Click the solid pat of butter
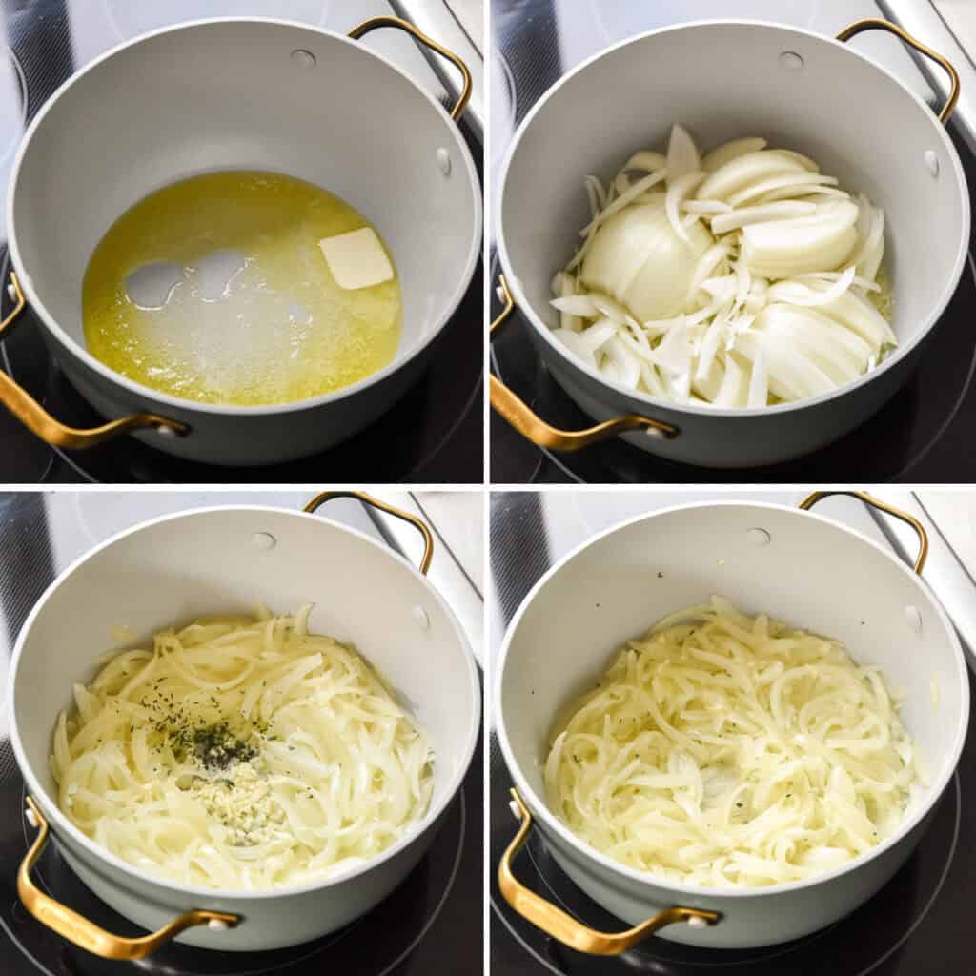[x=356, y=257]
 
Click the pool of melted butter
[x=238, y=324]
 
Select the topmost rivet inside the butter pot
[x=303, y=59]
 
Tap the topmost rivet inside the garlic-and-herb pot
[x=265, y=540]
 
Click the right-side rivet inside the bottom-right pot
[x=912, y=620]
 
